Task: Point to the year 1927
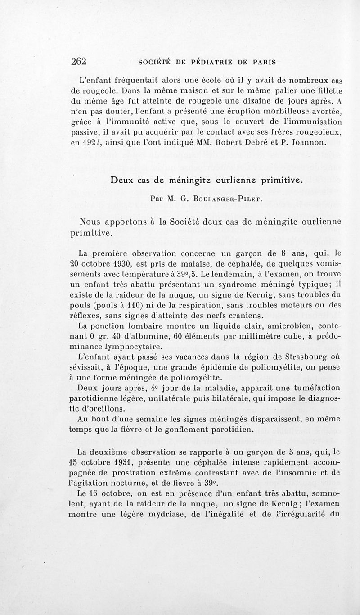95,143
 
